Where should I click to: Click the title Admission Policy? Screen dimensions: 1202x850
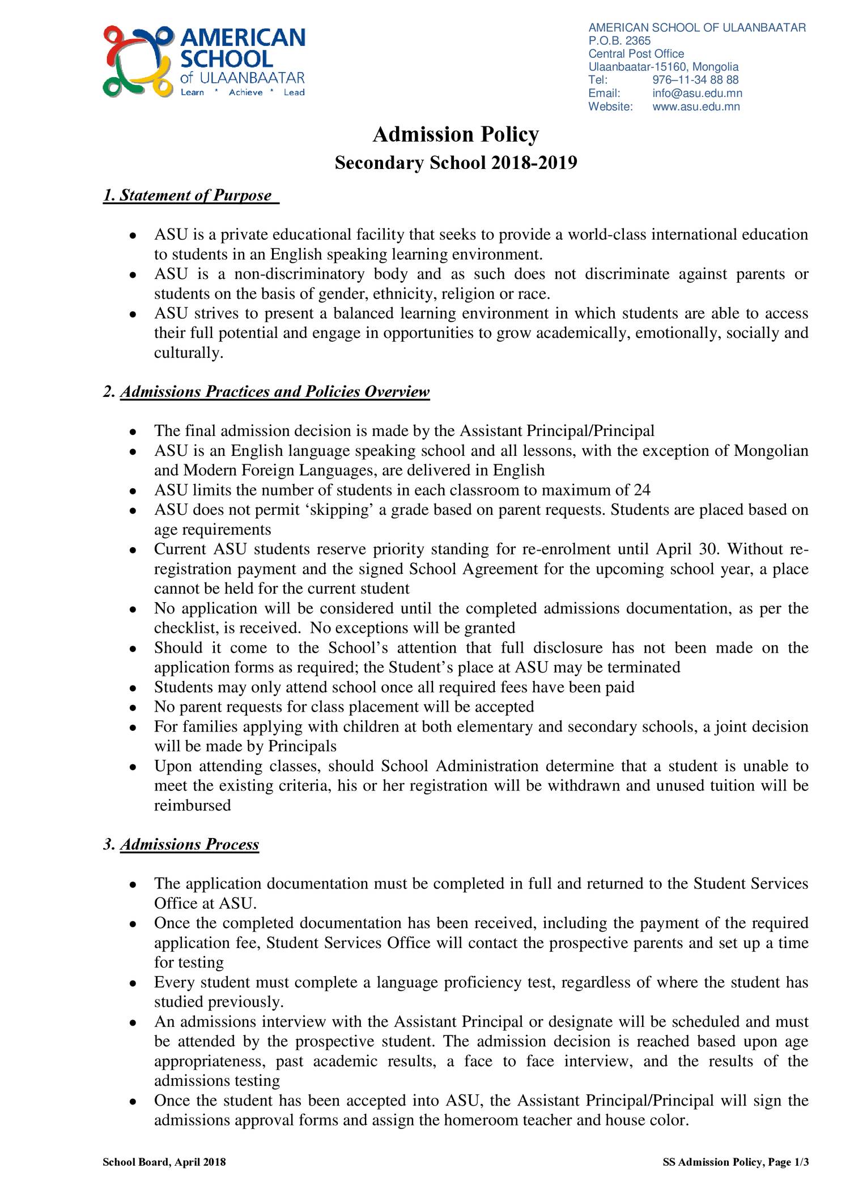click(456, 135)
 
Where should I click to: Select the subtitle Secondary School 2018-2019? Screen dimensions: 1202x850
click(456, 163)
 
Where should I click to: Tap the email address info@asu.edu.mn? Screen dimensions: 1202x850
click(697, 94)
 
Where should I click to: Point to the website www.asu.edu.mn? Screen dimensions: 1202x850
click(696, 107)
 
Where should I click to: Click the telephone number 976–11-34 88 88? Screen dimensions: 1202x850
click(695, 81)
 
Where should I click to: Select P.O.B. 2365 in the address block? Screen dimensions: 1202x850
click(619, 41)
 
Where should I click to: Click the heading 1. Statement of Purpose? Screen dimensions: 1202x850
click(190, 196)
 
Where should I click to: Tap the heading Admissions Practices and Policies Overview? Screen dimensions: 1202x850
click(274, 392)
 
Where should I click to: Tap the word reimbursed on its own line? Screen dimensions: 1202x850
click(193, 806)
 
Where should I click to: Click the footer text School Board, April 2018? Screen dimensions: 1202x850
click(164, 1162)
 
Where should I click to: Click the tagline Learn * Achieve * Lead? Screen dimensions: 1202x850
click(242, 92)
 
